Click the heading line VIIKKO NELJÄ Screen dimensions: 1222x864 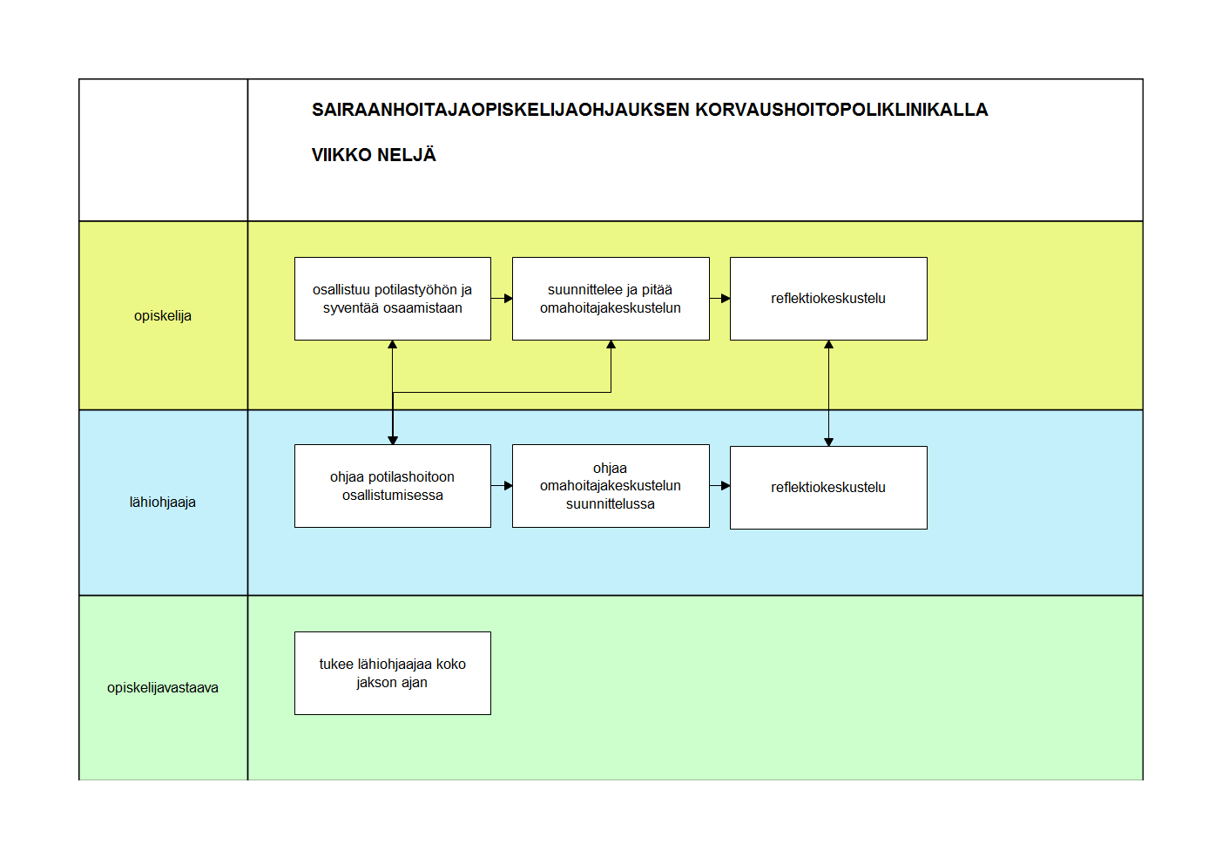(374, 155)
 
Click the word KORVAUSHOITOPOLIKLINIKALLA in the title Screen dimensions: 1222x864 (841, 110)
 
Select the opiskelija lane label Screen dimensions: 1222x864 (163, 316)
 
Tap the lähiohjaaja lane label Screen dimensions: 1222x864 (163, 503)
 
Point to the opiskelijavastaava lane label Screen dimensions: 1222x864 (163, 688)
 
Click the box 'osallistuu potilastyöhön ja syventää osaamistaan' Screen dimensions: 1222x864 (393, 299)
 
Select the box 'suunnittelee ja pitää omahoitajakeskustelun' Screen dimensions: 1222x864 (611, 299)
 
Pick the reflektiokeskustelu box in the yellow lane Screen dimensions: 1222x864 (828, 299)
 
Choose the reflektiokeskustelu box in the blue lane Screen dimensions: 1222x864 (828, 488)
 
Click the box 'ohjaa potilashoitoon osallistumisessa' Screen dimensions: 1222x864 (393, 486)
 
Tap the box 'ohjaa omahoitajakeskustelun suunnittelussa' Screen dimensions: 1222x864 (611, 486)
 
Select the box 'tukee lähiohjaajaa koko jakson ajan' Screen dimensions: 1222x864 (393, 673)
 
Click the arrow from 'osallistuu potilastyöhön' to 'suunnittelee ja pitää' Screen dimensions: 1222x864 (502, 299)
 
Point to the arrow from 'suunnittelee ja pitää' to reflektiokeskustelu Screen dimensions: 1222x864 (720, 299)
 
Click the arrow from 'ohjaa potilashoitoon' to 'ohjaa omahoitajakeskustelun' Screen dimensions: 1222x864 (502, 485)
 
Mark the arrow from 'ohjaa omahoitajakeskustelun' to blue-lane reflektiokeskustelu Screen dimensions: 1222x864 (720, 485)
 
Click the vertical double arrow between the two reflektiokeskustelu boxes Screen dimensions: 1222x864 (828, 394)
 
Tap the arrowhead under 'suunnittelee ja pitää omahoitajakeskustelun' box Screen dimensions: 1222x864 (611, 345)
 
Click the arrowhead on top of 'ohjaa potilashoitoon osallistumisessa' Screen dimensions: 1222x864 (393, 440)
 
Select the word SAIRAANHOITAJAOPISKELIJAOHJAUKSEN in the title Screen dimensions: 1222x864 (501, 110)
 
